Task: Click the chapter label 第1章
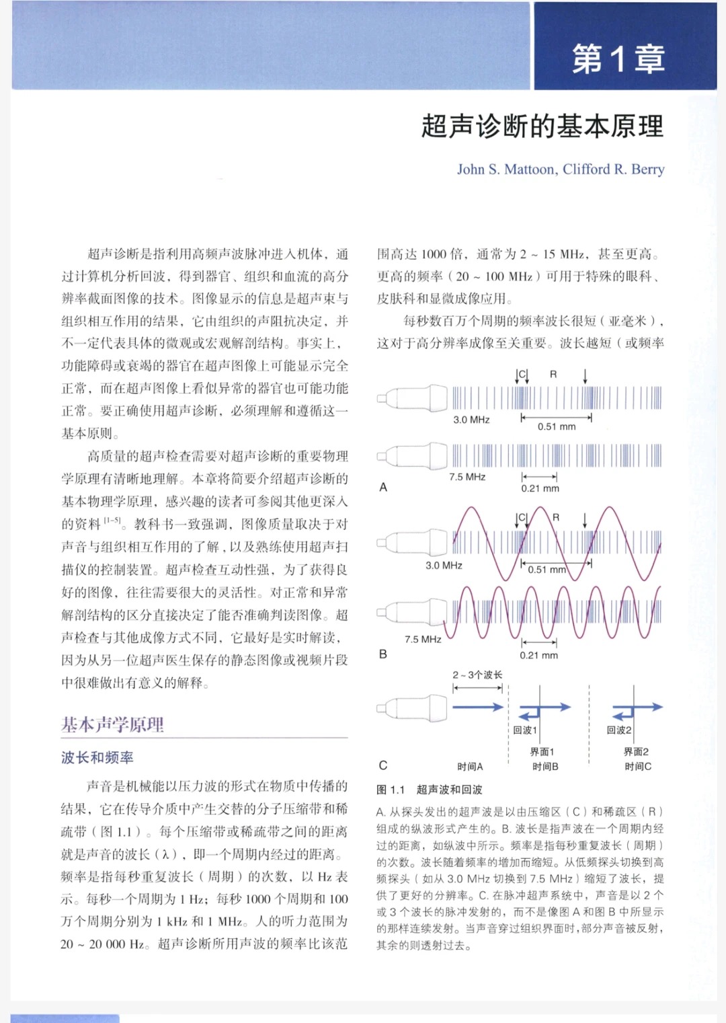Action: pyautogui.click(x=618, y=59)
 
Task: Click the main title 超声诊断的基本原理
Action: pyautogui.click(x=542, y=126)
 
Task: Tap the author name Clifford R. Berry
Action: pyautogui.click(x=614, y=169)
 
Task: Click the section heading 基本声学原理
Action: pyautogui.click(x=112, y=724)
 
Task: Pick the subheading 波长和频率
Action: pyautogui.click(x=97, y=758)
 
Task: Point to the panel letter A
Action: pyautogui.click(x=383, y=487)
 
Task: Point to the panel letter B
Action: pyautogui.click(x=383, y=654)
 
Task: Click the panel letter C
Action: pyautogui.click(x=383, y=765)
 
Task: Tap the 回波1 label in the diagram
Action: pyautogui.click(x=525, y=730)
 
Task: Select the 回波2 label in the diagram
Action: pyautogui.click(x=619, y=730)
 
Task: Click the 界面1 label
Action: pyautogui.click(x=542, y=752)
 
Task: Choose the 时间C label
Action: pyautogui.click(x=638, y=767)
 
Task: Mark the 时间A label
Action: pyautogui.click(x=470, y=767)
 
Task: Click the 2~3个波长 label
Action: pyautogui.click(x=477, y=675)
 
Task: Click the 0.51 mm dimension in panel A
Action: pyautogui.click(x=557, y=426)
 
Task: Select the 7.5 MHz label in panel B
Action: pyautogui.click(x=423, y=639)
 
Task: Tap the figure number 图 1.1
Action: pyautogui.click(x=391, y=790)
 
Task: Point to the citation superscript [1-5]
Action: pyautogui.click(x=112, y=521)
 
